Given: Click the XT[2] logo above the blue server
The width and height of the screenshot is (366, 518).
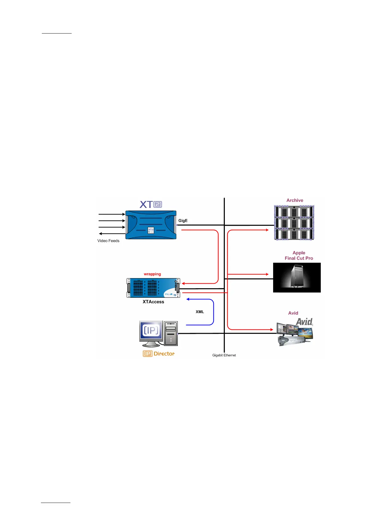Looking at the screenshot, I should [151, 204].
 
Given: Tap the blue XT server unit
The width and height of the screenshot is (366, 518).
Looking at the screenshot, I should [151, 225].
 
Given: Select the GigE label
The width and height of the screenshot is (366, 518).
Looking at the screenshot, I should [183, 221].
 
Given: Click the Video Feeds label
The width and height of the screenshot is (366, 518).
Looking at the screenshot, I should [108, 241].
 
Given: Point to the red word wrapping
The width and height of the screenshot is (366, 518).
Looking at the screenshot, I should [152, 274].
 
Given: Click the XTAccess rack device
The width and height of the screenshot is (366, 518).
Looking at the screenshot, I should [153, 288].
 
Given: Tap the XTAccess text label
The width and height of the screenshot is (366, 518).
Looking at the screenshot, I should [153, 302].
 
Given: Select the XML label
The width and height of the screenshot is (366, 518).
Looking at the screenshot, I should [200, 312].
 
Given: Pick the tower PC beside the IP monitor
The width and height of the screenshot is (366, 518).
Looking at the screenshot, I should [171, 333].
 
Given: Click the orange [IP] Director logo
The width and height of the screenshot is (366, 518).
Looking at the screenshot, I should [158, 354].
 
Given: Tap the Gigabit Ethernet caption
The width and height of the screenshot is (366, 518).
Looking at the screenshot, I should [224, 355].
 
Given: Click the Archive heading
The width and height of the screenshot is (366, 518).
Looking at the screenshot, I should [295, 200].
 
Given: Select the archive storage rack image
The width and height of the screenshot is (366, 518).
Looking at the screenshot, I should [294, 223].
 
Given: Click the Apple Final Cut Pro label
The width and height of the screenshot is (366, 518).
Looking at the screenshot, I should [299, 256].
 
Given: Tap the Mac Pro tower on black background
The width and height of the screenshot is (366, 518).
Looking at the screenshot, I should [297, 277].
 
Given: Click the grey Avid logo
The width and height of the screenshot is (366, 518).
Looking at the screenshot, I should [304, 322].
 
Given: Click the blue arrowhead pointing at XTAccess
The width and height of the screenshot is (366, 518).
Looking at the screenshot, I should [188, 299].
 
